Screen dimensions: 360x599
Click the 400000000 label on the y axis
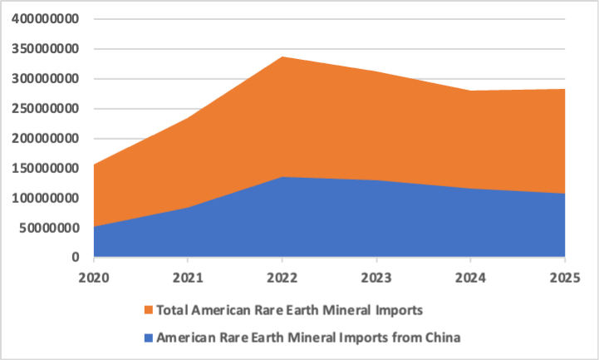click(45, 19)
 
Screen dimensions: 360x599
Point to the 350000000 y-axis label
click(45, 49)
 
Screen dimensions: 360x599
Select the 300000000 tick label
click(45, 79)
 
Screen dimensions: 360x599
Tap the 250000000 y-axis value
click(45, 108)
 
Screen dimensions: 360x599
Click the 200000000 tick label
click(45, 138)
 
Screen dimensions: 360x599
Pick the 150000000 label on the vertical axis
click(45, 168)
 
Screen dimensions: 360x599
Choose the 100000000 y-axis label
click(45, 198)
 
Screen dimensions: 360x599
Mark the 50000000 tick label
click(48, 228)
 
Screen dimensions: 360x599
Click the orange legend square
click(149, 311)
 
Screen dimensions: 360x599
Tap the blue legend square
click(149, 338)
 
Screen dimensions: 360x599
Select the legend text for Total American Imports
click(291, 311)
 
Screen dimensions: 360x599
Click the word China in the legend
click(441, 338)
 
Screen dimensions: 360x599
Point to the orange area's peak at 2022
click(282, 57)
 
